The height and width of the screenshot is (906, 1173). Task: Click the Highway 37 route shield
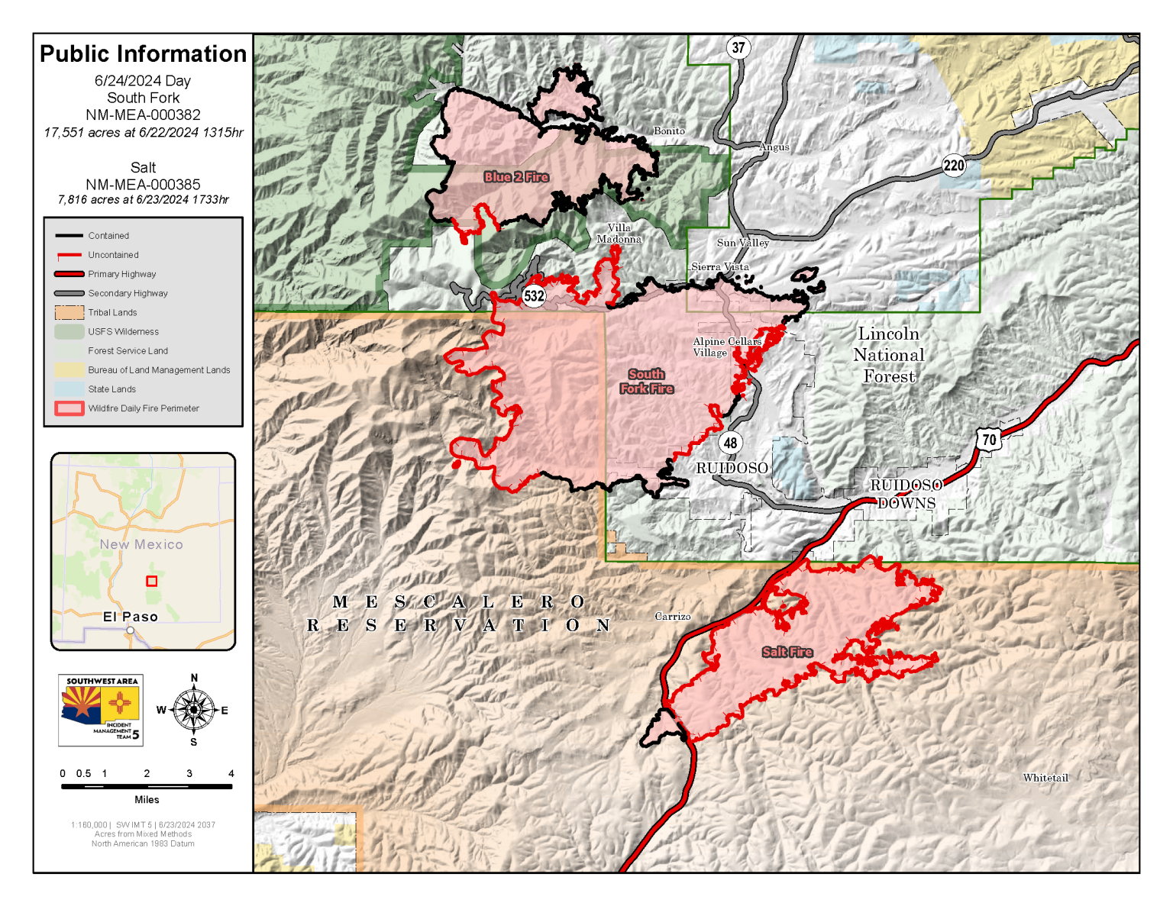738,47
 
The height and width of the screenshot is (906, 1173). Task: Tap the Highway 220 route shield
954,166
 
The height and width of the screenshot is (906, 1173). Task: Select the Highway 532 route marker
534,296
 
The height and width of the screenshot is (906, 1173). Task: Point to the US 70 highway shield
989,440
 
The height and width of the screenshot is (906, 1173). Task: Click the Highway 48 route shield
731,443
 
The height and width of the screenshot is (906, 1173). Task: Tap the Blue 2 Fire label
516,177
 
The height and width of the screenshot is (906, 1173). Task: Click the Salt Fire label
787,652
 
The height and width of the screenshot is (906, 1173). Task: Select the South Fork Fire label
647,382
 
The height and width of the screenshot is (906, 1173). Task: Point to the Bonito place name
669,131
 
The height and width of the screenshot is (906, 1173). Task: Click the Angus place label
774,147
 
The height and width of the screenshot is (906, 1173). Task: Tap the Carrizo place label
673,617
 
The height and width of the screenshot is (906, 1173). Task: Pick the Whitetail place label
1045,778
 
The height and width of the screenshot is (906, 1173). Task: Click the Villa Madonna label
619,234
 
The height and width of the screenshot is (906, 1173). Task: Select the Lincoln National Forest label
889,355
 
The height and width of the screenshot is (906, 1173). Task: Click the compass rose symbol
194,710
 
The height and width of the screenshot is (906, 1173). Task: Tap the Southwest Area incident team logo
101,710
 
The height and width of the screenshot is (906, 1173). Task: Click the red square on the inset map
152,581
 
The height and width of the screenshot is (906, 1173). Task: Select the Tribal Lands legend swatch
69,312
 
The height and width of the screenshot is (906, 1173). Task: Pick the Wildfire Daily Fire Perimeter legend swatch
69,408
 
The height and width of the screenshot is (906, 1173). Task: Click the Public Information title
144,54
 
